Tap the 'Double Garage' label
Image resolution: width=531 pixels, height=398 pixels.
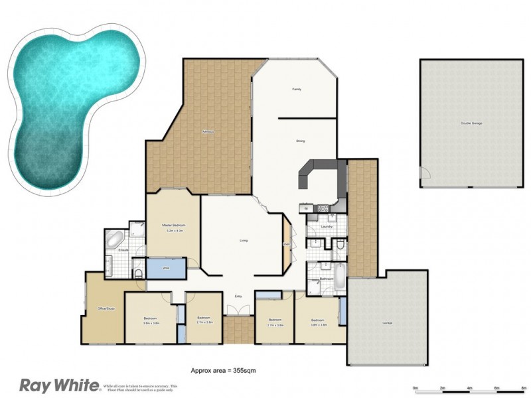click(471, 123)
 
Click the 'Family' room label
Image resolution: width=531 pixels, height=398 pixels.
click(298, 89)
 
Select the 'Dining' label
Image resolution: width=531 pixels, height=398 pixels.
click(300, 141)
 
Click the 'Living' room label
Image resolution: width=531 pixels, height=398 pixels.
click(244, 240)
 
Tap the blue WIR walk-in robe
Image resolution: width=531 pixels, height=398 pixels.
click(165, 268)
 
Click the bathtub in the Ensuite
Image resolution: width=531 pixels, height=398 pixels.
click(114, 240)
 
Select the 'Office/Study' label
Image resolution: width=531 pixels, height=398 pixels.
click(106, 308)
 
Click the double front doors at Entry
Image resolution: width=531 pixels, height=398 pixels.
click(234, 310)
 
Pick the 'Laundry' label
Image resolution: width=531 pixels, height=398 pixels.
click(326, 227)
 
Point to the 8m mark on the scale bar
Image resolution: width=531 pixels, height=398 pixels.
click(524, 387)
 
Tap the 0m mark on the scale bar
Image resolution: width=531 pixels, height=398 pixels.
click(415, 387)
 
